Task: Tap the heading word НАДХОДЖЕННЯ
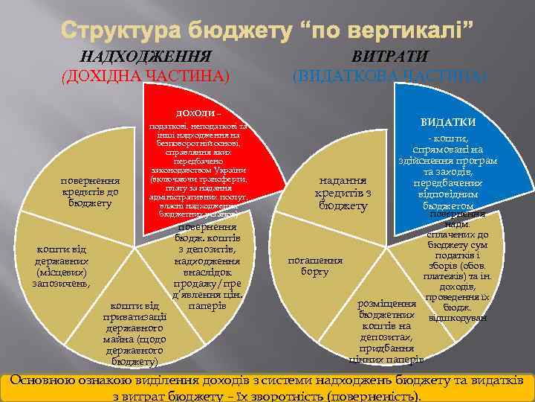[x=146, y=57]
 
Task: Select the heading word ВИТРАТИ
[x=389, y=57]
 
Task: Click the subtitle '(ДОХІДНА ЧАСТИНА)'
[x=146, y=75]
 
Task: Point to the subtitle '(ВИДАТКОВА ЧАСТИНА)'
[x=389, y=75]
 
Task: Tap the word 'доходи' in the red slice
[x=195, y=113]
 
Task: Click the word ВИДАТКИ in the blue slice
[x=448, y=122]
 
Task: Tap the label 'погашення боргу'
[x=315, y=266]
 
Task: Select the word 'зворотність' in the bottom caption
[x=286, y=395]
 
